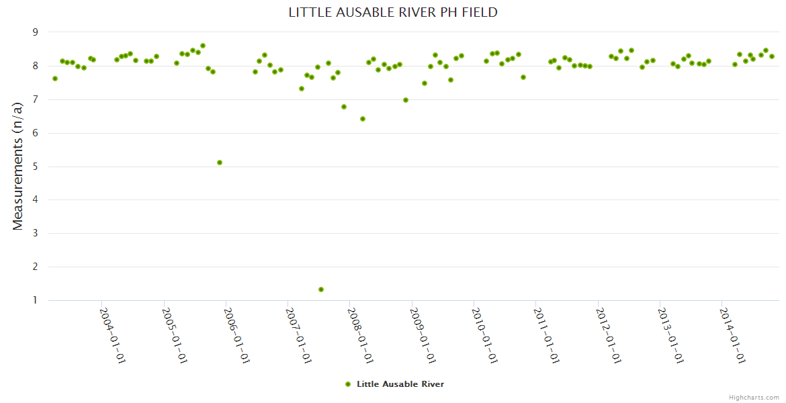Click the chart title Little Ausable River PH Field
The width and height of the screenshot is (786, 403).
393,12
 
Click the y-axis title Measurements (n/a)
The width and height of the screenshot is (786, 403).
18,166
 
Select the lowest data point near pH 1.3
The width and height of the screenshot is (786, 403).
321,289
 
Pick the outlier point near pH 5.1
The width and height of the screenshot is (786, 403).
220,163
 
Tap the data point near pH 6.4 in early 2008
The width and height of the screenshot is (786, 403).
363,119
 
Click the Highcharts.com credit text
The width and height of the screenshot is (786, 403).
754,397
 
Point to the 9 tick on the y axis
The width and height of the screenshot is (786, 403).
36,32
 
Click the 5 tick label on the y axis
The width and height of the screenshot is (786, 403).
36,167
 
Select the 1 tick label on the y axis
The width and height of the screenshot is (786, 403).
36,300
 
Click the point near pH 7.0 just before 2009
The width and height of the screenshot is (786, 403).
406,100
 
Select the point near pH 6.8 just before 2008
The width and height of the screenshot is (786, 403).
344,107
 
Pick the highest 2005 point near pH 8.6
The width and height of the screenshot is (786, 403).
203,46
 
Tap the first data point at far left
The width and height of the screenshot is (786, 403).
55,79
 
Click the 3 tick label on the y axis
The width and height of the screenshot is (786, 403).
36,233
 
